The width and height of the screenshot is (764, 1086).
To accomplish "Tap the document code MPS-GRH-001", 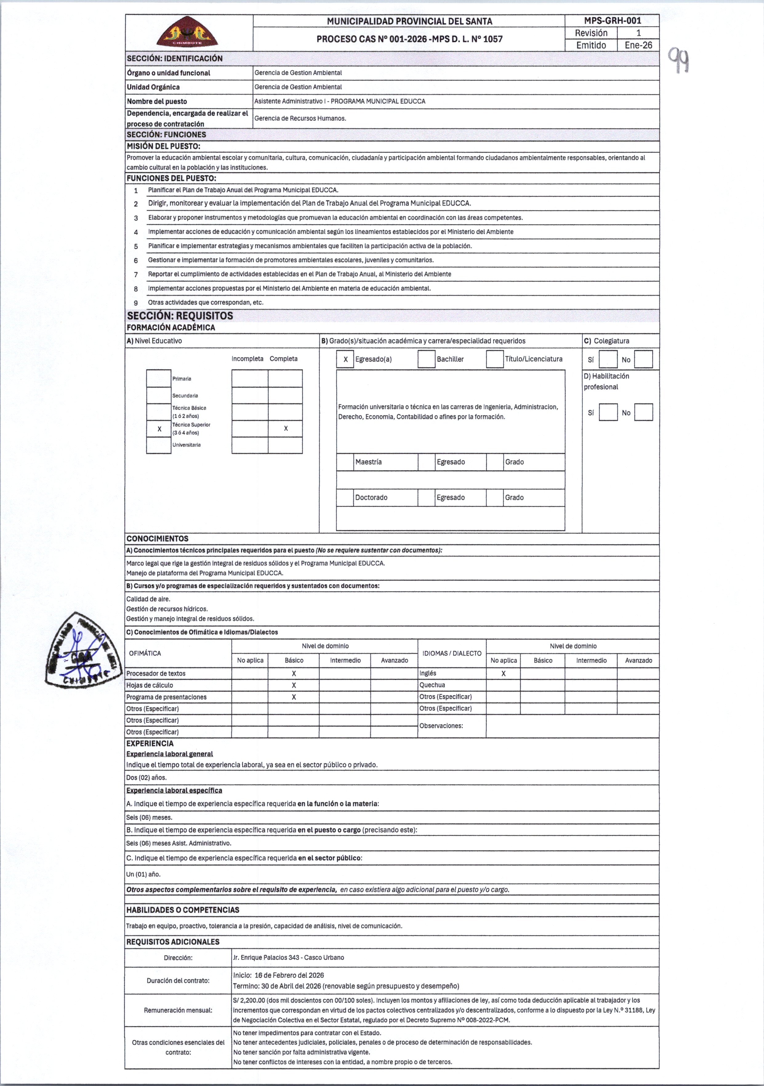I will [612, 21].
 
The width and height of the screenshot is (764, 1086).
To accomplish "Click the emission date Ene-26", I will [638, 46].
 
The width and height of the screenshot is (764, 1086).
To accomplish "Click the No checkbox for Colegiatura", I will [643, 360].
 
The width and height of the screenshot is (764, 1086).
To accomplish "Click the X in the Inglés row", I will [503, 674].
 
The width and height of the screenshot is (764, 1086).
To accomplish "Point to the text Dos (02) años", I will [147, 778].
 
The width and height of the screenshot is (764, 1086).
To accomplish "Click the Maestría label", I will [368, 462].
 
